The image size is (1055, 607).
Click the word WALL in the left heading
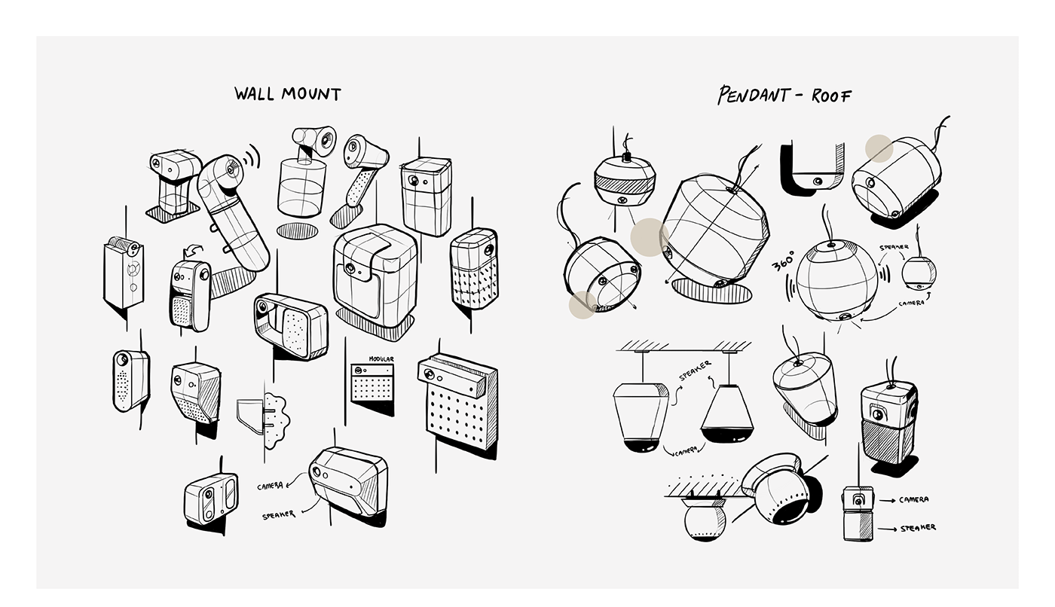[x=254, y=93]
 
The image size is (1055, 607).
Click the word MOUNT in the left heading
[x=311, y=94]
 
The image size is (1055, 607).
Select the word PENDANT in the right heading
[x=752, y=95]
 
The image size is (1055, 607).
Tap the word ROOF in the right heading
[x=831, y=96]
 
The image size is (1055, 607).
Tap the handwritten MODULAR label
[x=381, y=359]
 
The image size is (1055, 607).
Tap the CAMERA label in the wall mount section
[x=270, y=486]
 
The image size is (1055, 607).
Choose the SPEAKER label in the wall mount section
[x=278, y=515]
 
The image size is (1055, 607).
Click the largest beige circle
[x=650, y=237]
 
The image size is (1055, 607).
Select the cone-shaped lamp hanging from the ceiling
[x=727, y=414]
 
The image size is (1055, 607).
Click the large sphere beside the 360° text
[x=837, y=280]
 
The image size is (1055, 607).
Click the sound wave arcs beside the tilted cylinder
[x=252, y=156]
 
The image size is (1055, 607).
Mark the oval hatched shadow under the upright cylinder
[x=297, y=231]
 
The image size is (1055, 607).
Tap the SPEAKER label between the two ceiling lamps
[x=695, y=371]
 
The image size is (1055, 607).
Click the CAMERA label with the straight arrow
[x=913, y=499]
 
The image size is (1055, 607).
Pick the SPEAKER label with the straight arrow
[x=918, y=528]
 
